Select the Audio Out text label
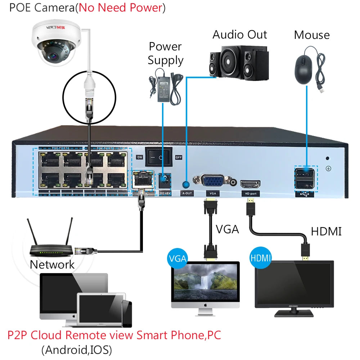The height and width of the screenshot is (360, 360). pos(239,35)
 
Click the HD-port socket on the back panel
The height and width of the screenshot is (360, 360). pos(250,184)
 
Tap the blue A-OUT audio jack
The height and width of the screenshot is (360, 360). pos(186,185)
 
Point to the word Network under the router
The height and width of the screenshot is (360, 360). pos(52,265)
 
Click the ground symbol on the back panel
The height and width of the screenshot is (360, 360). pos(328,168)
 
